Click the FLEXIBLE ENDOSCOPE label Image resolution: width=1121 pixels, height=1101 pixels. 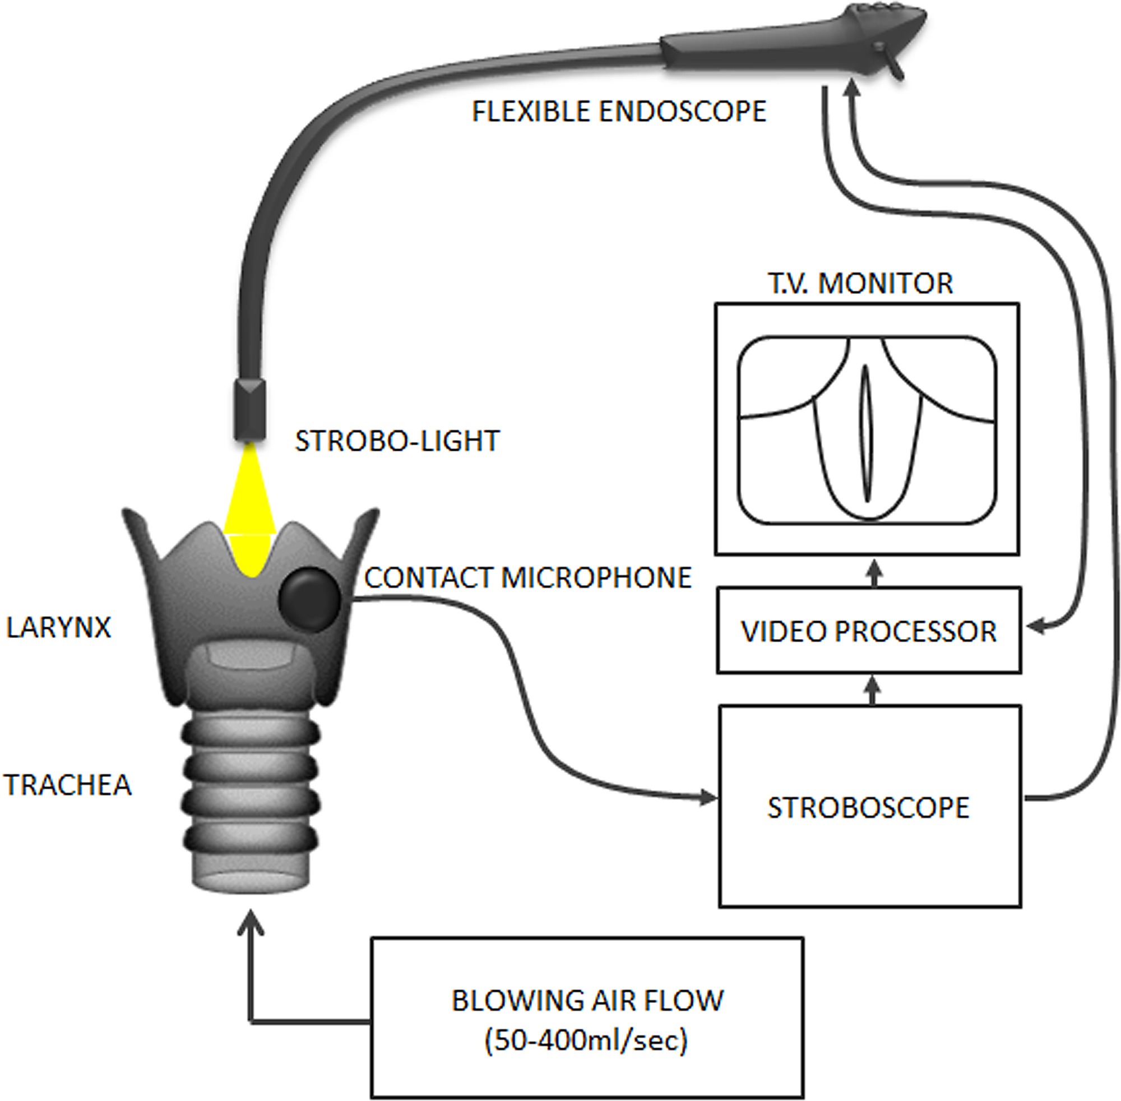[619, 111]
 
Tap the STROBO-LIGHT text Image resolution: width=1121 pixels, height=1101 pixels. [397, 441]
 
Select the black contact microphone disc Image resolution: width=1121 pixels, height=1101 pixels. [309, 599]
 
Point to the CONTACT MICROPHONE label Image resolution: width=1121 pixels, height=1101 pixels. [528, 577]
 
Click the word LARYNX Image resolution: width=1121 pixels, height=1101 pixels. [58, 627]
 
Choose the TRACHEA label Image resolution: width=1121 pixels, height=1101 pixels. [68, 785]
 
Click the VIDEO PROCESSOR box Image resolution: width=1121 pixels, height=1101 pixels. [869, 631]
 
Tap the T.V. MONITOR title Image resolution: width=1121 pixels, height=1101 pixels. [860, 283]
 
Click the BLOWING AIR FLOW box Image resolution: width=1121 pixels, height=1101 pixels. [587, 1001]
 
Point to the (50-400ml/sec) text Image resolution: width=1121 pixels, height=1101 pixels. [586, 1041]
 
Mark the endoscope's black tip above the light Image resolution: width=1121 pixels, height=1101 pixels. [250, 410]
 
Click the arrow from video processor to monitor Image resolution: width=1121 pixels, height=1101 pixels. [874, 572]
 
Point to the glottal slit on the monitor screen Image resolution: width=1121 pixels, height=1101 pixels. [866, 434]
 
